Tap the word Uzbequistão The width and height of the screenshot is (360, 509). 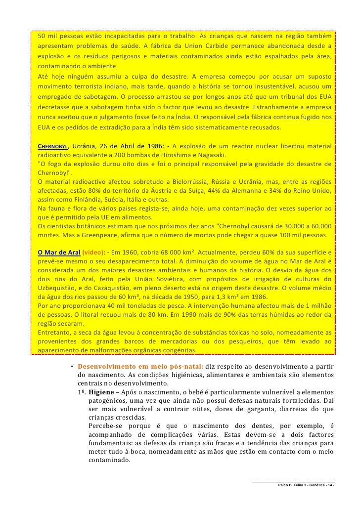(60, 288)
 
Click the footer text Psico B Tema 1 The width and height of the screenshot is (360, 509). (296, 486)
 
